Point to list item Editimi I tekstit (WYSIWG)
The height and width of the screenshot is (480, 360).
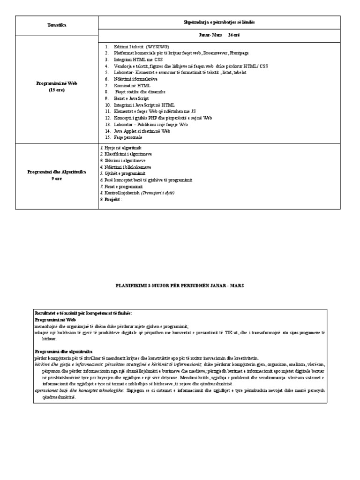(x=138, y=47)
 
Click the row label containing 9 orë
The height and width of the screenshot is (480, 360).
(x=56, y=175)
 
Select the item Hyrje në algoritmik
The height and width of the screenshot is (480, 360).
(x=122, y=148)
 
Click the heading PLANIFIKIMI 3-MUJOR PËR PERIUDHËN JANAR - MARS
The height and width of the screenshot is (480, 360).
(x=180, y=285)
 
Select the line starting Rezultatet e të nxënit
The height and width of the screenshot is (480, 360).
(x=83, y=313)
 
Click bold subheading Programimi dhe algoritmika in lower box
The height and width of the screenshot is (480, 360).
(x=64, y=351)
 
